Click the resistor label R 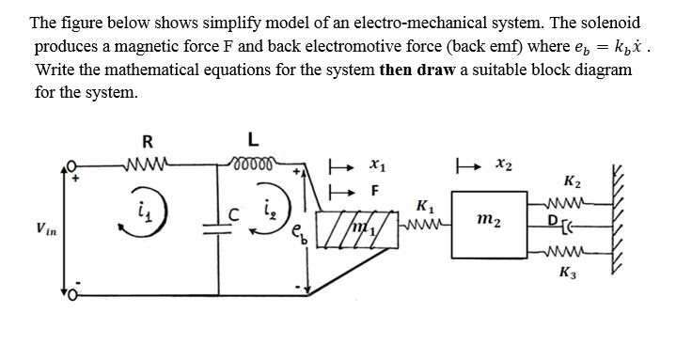click(x=147, y=143)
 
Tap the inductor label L click(x=251, y=141)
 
